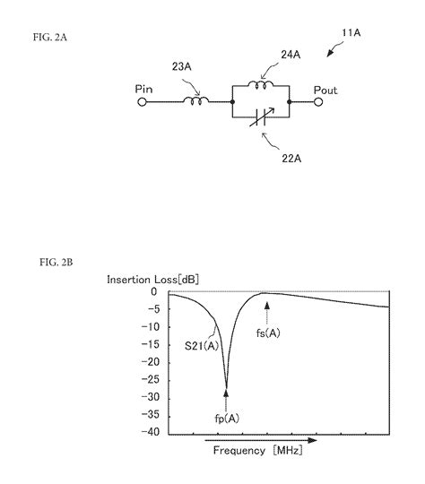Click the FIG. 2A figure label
click(x=50, y=38)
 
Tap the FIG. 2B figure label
click(x=56, y=263)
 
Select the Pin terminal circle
click(x=142, y=102)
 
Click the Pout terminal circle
click(x=318, y=102)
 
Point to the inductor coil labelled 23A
click(x=196, y=100)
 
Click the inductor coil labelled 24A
click(x=261, y=84)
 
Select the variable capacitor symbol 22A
click(x=261, y=117)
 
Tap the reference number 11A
click(x=351, y=33)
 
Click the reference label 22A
click(x=291, y=159)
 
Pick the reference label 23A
click(x=182, y=66)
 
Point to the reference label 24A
click(x=291, y=55)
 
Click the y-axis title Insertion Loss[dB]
click(x=153, y=280)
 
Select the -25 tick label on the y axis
click(x=151, y=380)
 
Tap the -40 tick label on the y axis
click(x=151, y=432)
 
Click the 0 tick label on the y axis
click(x=154, y=291)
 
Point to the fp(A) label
click(x=227, y=419)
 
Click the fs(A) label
click(x=268, y=333)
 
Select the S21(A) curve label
click(x=202, y=346)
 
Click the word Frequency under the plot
click(x=239, y=451)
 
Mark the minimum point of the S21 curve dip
click(x=227, y=388)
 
